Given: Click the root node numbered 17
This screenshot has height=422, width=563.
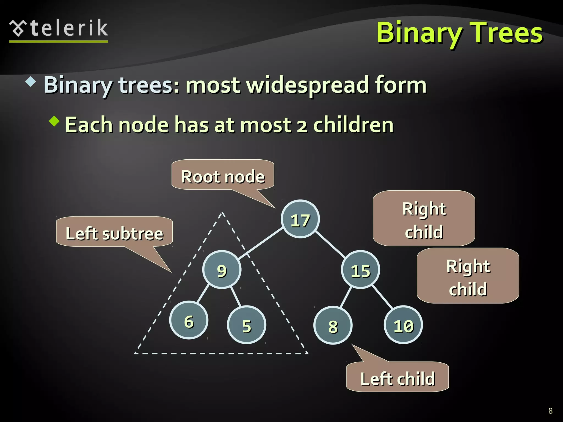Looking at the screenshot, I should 300,219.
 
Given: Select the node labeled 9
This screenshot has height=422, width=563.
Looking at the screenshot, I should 222,270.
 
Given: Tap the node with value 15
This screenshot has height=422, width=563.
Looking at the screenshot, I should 360,270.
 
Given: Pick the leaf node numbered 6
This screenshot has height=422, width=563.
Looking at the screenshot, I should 189,320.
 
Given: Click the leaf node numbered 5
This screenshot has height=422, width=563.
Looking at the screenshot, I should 247,325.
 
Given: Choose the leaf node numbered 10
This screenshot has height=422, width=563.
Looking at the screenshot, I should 403,325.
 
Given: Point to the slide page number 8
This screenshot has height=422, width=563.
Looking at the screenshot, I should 550,411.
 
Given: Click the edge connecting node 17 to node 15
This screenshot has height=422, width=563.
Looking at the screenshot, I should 330,244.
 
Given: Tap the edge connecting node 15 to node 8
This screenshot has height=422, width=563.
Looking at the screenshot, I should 346,297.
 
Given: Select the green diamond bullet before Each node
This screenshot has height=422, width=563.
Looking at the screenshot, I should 54,121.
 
